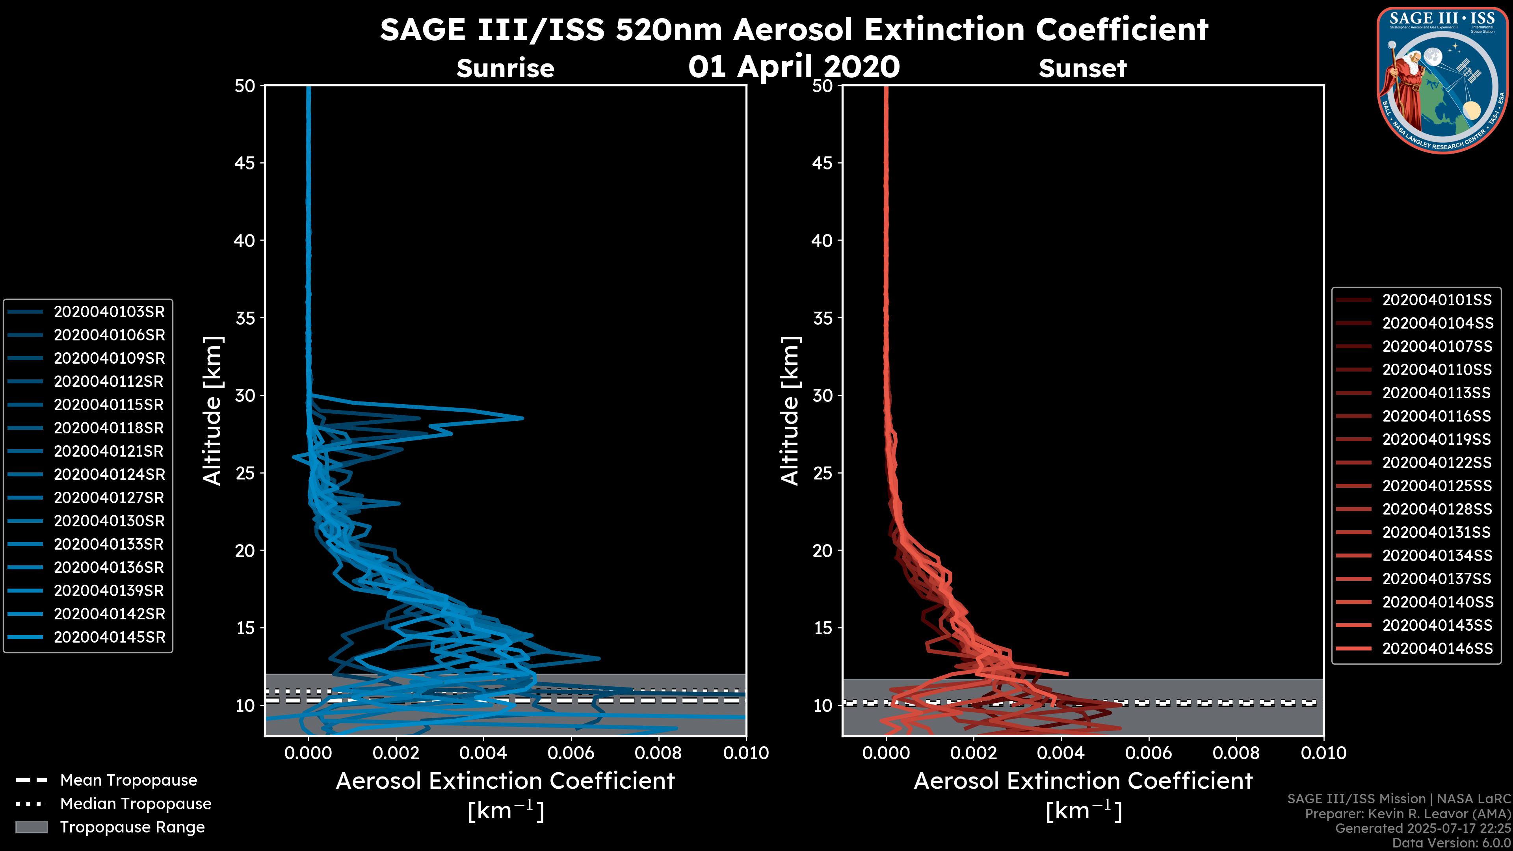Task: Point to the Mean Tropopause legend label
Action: tap(128, 780)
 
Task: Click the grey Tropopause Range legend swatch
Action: tap(31, 827)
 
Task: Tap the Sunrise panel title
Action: tap(505, 69)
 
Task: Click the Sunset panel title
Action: tap(1082, 69)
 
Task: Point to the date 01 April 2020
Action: tap(794, 66)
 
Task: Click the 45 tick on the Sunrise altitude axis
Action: tap(245, 163)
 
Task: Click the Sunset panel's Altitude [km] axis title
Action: tap(790, 411)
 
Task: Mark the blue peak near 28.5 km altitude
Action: tap(522, 418)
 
